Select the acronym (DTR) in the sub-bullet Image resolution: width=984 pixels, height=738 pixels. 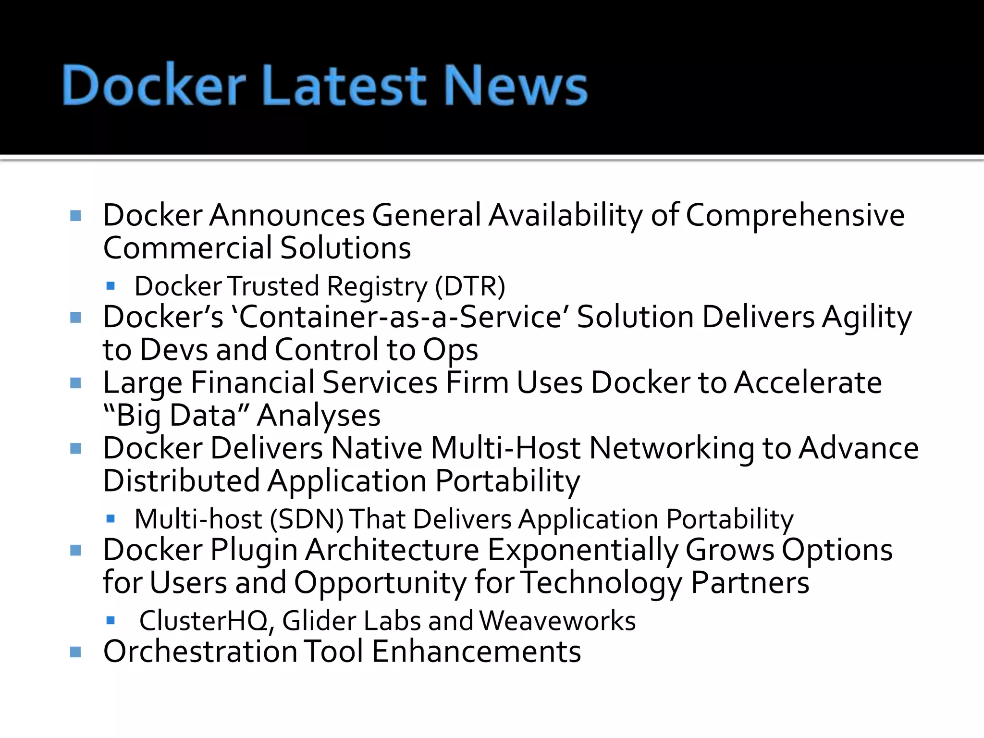(x=469, y=286)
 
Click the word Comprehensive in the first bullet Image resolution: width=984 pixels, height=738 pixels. (x=795, y=215)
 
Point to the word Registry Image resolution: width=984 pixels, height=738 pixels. (x=377, y=287)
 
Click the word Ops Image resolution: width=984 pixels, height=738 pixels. (x=450, y=350)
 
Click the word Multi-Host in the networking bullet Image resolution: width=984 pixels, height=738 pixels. (x=505, y=448)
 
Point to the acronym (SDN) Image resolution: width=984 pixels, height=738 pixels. (x=307, y=519)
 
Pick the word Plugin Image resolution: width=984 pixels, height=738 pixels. (x=254, y=551)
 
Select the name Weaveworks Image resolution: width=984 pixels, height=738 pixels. (x=557, y=621)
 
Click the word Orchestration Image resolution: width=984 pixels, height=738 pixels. (x=200, y=652)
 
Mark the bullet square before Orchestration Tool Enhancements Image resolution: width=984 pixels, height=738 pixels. (x=75, y=652)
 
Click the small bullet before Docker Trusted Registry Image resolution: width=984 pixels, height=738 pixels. (x=111, y=286)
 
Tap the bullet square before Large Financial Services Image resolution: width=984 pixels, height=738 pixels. (x=75, y=383)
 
